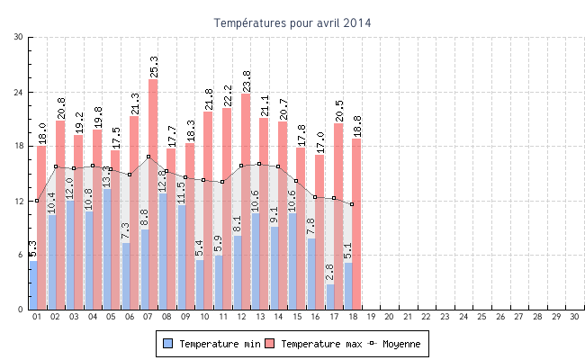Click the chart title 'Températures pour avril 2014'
pyautogui.click(x=292, y=22)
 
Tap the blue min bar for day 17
pyautogui.click(x=330, y=297)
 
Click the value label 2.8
pyautogui.click(x=330, y=273)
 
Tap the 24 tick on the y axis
pyautogui.click(x=19, y=92)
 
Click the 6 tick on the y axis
pyautogui.click(x=22, y=256)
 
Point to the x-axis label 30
pyautogui.click(x=574, y=317)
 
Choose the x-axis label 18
pyautogui.click(x=352, y=317)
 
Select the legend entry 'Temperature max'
pyautogui.click(x=314, y=344)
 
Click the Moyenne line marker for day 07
pyautogui.click(x=148, y=157)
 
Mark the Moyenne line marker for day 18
pyautogui.click(x=352, y=204)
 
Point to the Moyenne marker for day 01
pyautogui.click(x=37, y=201)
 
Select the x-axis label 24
pyautogui.click(x=463, y=317)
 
